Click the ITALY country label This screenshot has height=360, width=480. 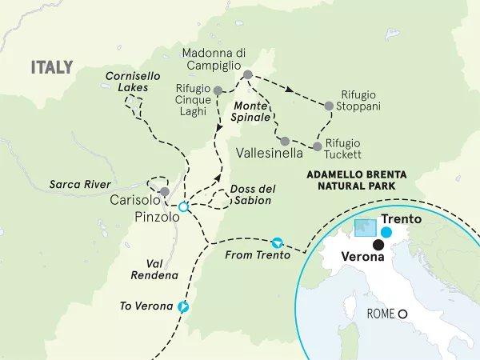tap(52, 67)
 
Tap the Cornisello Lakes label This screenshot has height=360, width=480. tap(126, 81)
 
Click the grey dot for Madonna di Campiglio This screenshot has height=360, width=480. tap(247, 74)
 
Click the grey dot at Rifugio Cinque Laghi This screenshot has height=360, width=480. tap(218, 91)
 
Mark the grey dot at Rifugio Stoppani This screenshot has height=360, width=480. tap(328, 105)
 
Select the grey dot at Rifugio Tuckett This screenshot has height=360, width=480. tap(318, 147)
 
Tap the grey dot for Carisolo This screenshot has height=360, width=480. tap(164, 191)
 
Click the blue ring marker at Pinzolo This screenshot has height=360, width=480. tap(183, 207)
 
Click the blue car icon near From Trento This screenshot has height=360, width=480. tap(278, 241)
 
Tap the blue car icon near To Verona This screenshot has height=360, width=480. tap(184, 306)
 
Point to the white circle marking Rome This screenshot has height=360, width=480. tap(404, 314)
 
